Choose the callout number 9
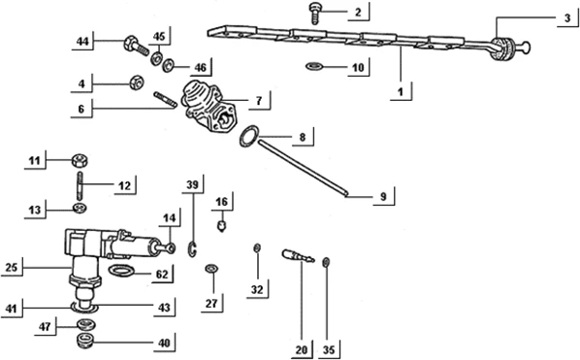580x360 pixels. click(x=382, y=197)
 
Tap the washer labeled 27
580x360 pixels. click(x=212, y=268)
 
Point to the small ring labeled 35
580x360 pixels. click(x=327, y=260)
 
